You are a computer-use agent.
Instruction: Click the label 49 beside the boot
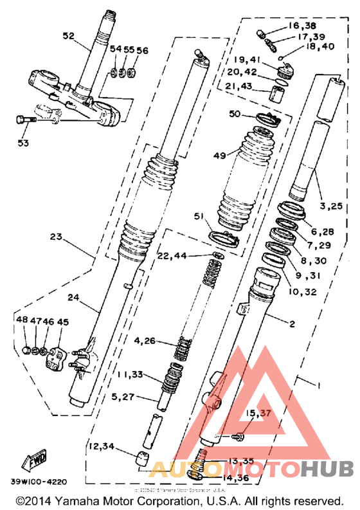(221, 155)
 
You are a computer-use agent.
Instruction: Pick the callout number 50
(235, 114)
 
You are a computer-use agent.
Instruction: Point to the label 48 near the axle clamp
(22, 320)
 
